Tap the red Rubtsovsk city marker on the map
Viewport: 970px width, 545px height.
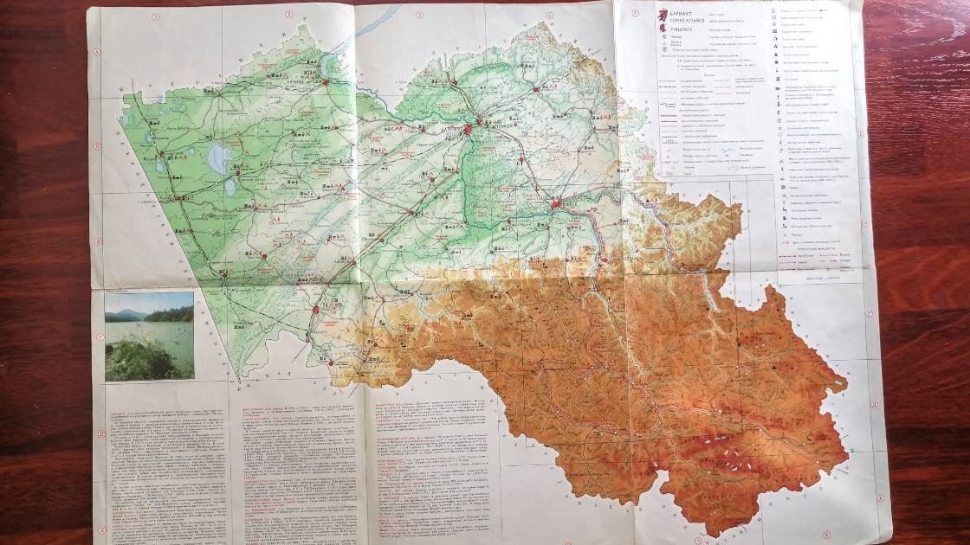[317, 308]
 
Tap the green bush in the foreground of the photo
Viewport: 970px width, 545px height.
[139, 359]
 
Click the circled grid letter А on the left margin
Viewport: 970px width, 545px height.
[98, 52]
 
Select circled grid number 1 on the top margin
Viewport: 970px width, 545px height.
[156, 15]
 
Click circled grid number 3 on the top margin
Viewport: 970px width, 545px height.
[418, 14]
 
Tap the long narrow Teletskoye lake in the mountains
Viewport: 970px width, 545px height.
[712, 298]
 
